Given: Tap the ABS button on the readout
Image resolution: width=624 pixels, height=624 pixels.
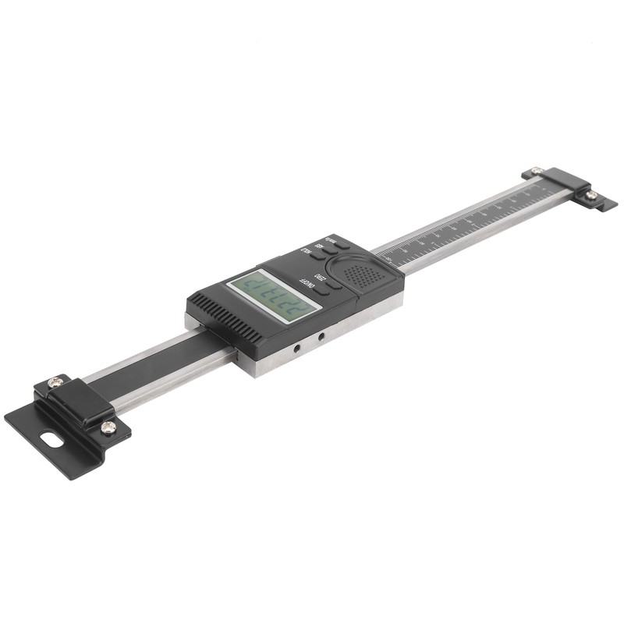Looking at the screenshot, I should [x=330, y=250].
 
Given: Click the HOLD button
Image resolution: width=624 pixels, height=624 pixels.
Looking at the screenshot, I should [x=317, y=256].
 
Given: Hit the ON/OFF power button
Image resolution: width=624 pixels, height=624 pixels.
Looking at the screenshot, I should [x=321, y=290].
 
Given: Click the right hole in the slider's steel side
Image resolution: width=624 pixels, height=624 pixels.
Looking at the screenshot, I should [x=321, y=336].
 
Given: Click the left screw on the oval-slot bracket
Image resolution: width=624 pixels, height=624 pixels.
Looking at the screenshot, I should [x=54, y=382].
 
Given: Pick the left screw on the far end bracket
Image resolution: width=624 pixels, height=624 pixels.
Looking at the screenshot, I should [x=535, y=172].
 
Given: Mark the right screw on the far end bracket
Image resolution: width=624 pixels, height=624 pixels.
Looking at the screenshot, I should [x=591, y=195].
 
